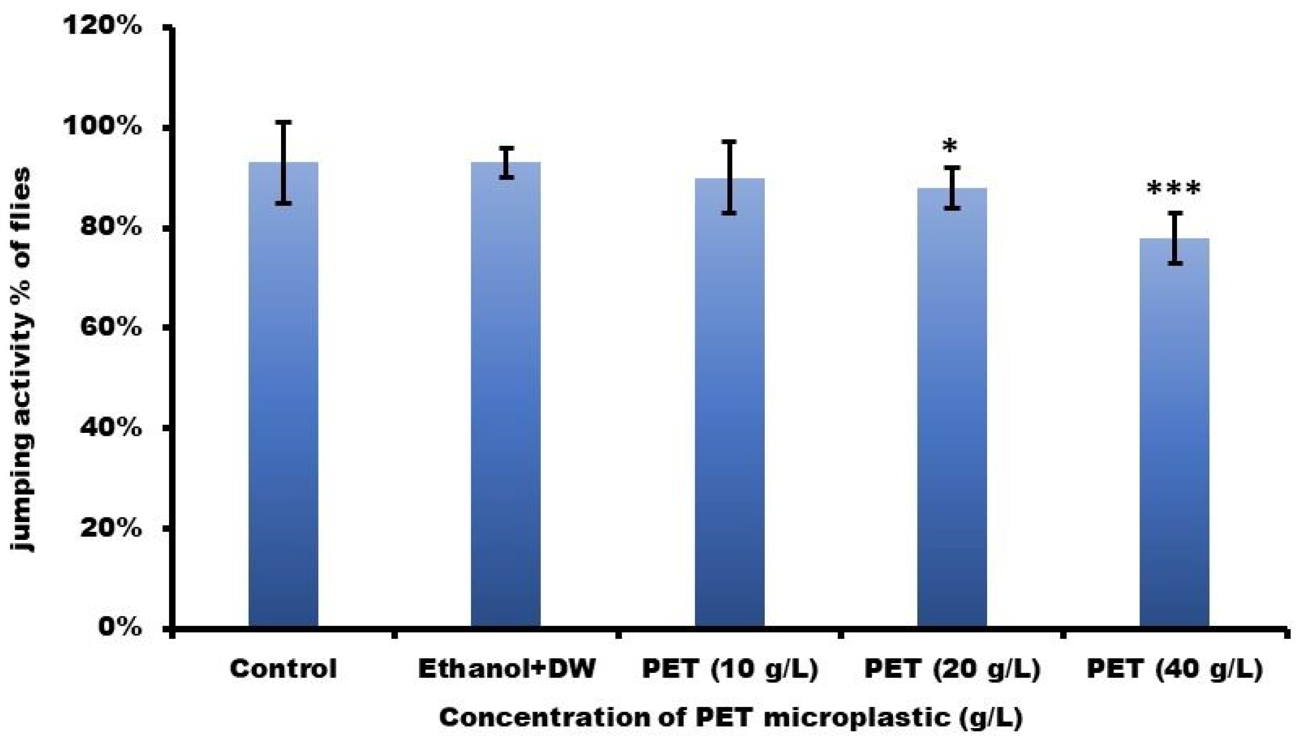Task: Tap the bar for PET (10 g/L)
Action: click(x=729, y=406)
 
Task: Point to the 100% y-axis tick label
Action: click(x=102, y=126)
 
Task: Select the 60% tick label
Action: click(x=111, y=328)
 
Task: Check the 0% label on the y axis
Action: click(x=120, y=628)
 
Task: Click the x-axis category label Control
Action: click(x=283, y=669)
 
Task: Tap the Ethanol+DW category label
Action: click(x=507, y=669)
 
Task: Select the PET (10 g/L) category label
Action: click(x=730, y=669)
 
